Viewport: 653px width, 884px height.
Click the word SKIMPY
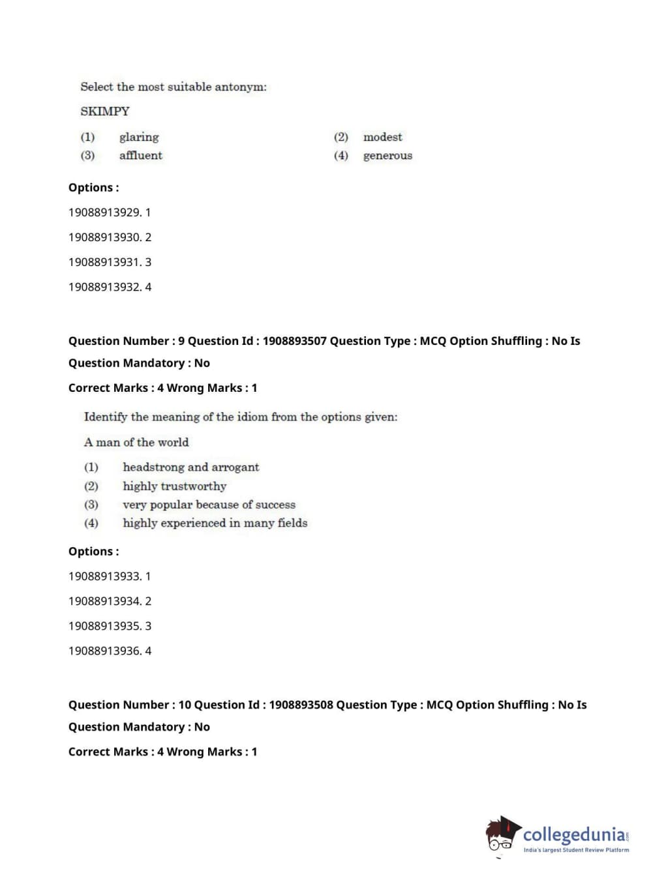(105, 111)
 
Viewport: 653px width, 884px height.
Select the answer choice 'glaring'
(139, 137)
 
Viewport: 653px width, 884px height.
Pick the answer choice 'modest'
(382, 137)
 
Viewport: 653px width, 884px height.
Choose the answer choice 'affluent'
(140, 155)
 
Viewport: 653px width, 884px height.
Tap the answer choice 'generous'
(387, 156)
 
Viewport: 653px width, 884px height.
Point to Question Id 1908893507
(294, 341)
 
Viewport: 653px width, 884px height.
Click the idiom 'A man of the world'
(136, 442)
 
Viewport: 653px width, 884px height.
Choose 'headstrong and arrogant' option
(190, 467)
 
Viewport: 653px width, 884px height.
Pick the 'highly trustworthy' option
(174, 486)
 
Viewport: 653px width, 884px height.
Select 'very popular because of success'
(209, 505)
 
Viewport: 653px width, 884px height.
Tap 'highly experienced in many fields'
(215, 523)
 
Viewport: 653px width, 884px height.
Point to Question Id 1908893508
(301, 705)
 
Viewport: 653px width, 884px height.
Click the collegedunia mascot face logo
(501, 835)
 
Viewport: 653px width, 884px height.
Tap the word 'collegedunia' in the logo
(574, 834)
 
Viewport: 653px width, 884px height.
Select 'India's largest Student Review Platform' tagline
(576, 850)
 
